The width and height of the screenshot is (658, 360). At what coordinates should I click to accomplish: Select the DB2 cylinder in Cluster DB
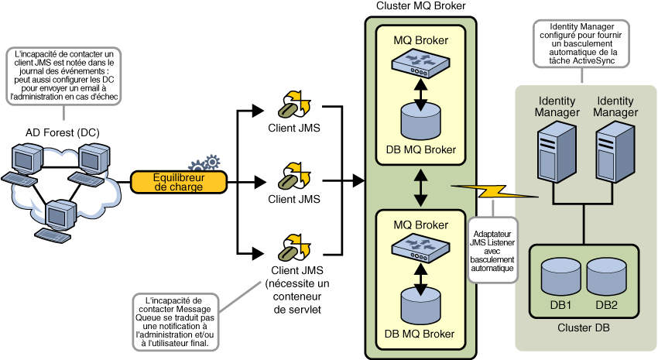(605, 276)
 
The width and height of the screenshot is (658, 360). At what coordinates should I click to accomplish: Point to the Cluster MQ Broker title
(420, 7)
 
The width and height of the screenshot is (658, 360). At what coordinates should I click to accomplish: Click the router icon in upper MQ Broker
(421, 65)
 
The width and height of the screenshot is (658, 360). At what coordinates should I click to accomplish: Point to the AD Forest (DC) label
(55, 132)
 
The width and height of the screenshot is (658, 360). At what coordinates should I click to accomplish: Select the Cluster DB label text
(583, 328)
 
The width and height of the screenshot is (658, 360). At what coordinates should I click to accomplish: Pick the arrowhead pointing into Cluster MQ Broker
(359, 181)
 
